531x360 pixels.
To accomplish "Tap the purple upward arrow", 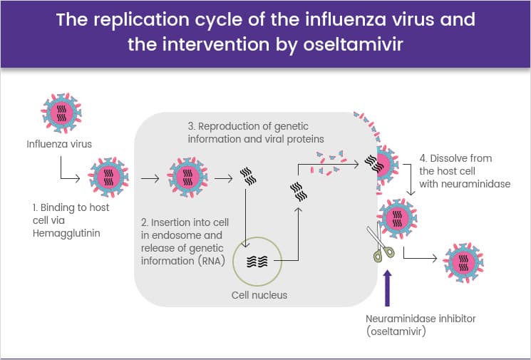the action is [x=388, y=288].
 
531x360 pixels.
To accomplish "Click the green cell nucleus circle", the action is [x=258, y=237].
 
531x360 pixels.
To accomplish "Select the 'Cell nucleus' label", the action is [x=259, y=295].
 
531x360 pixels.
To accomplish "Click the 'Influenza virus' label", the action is [x=59, y=144].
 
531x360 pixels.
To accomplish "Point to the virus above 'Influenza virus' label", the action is [x=61, y=113].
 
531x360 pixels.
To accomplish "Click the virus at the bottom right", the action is [x=463, y=262].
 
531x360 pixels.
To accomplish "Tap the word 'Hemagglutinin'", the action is [x=66, y=233].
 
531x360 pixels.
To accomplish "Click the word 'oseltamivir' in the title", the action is [x=353, y=44].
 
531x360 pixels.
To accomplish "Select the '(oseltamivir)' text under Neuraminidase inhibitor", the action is [x=396, y=331].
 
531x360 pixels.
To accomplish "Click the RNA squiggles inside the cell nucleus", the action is [x=257, y=261].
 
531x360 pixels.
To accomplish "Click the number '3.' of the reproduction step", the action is [x=192, y=126].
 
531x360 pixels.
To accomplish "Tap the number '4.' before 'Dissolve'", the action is [x=423, y=158].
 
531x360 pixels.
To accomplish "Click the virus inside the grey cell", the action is [x=187, y=177].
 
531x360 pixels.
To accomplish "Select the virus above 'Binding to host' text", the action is [x=108, y=177].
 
